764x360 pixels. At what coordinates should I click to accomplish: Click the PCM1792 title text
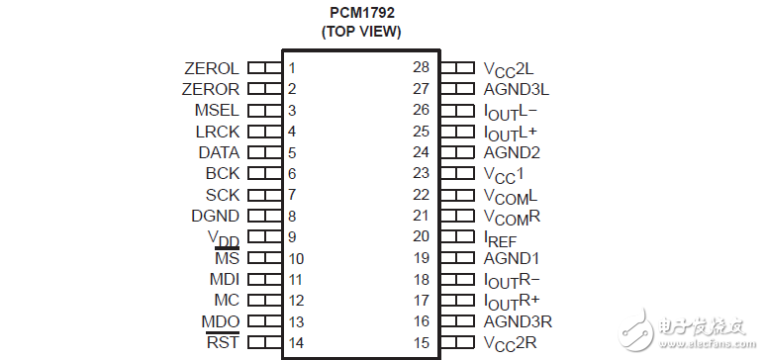coord(360,13)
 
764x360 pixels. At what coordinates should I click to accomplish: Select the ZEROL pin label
coord(212,68)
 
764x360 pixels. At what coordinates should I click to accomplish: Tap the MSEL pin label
coord(217,110)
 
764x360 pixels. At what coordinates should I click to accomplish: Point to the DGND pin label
coord(215,216)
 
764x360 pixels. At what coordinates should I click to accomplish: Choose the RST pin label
coord(223,342)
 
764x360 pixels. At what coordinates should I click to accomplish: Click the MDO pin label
coord(221,320)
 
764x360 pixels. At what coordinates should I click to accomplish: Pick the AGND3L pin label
coord(516,89)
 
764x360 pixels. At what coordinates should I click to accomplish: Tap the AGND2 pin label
coord(512,152)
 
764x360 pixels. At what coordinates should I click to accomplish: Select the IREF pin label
coord(500,238)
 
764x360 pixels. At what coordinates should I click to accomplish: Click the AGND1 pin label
coord(512,257)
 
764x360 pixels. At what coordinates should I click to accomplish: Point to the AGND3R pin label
coord(517,320)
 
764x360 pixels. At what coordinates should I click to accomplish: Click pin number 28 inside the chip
coord(422,68)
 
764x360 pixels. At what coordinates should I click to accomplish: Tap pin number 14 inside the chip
coord(295,342)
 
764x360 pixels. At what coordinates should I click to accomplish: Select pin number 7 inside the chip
coord(292,194)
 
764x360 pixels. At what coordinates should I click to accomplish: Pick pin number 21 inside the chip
coord(422,216)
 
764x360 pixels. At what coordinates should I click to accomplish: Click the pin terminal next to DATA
coord(263,152)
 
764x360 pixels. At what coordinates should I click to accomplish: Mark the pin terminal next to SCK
coord(263,194)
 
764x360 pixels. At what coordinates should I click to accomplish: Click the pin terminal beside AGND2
coord(457,152)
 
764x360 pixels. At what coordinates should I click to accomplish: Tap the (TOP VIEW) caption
coord(360,32)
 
